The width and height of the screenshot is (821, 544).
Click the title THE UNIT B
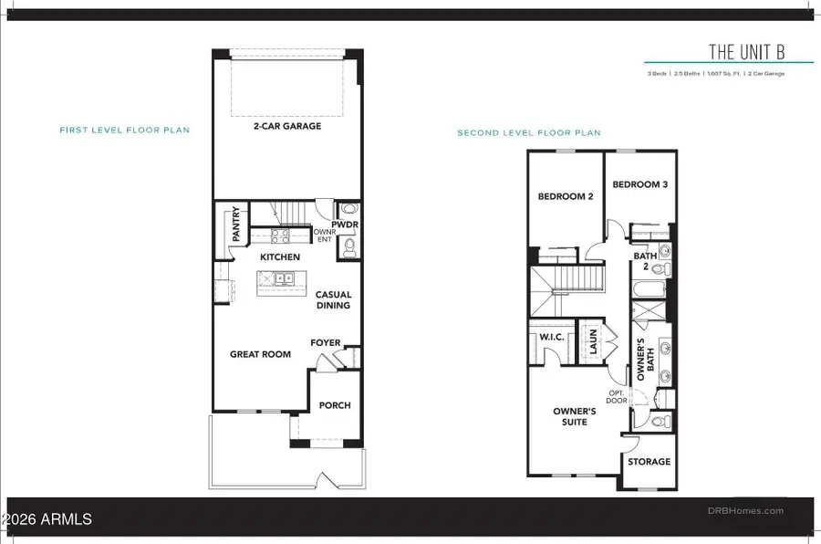747,51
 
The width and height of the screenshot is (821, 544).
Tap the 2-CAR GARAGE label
287,126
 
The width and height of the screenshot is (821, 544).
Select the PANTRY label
235,224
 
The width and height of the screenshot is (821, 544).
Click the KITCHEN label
279,257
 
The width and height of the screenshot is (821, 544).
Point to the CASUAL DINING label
333,300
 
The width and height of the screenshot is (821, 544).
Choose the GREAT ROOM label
260,354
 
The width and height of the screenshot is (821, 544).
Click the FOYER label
326,343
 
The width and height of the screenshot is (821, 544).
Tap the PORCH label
335,405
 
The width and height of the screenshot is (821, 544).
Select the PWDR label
345,224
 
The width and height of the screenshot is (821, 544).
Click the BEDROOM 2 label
566,196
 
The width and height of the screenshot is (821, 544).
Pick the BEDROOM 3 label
640,184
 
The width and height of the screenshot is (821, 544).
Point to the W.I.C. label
553,336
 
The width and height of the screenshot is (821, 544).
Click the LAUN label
593,342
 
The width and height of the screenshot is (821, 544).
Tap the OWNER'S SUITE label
575,417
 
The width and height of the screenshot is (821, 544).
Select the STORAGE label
649,462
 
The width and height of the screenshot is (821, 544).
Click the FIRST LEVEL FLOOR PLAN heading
125,131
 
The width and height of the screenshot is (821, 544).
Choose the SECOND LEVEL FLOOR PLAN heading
529,133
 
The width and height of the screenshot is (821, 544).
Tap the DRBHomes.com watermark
749,511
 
